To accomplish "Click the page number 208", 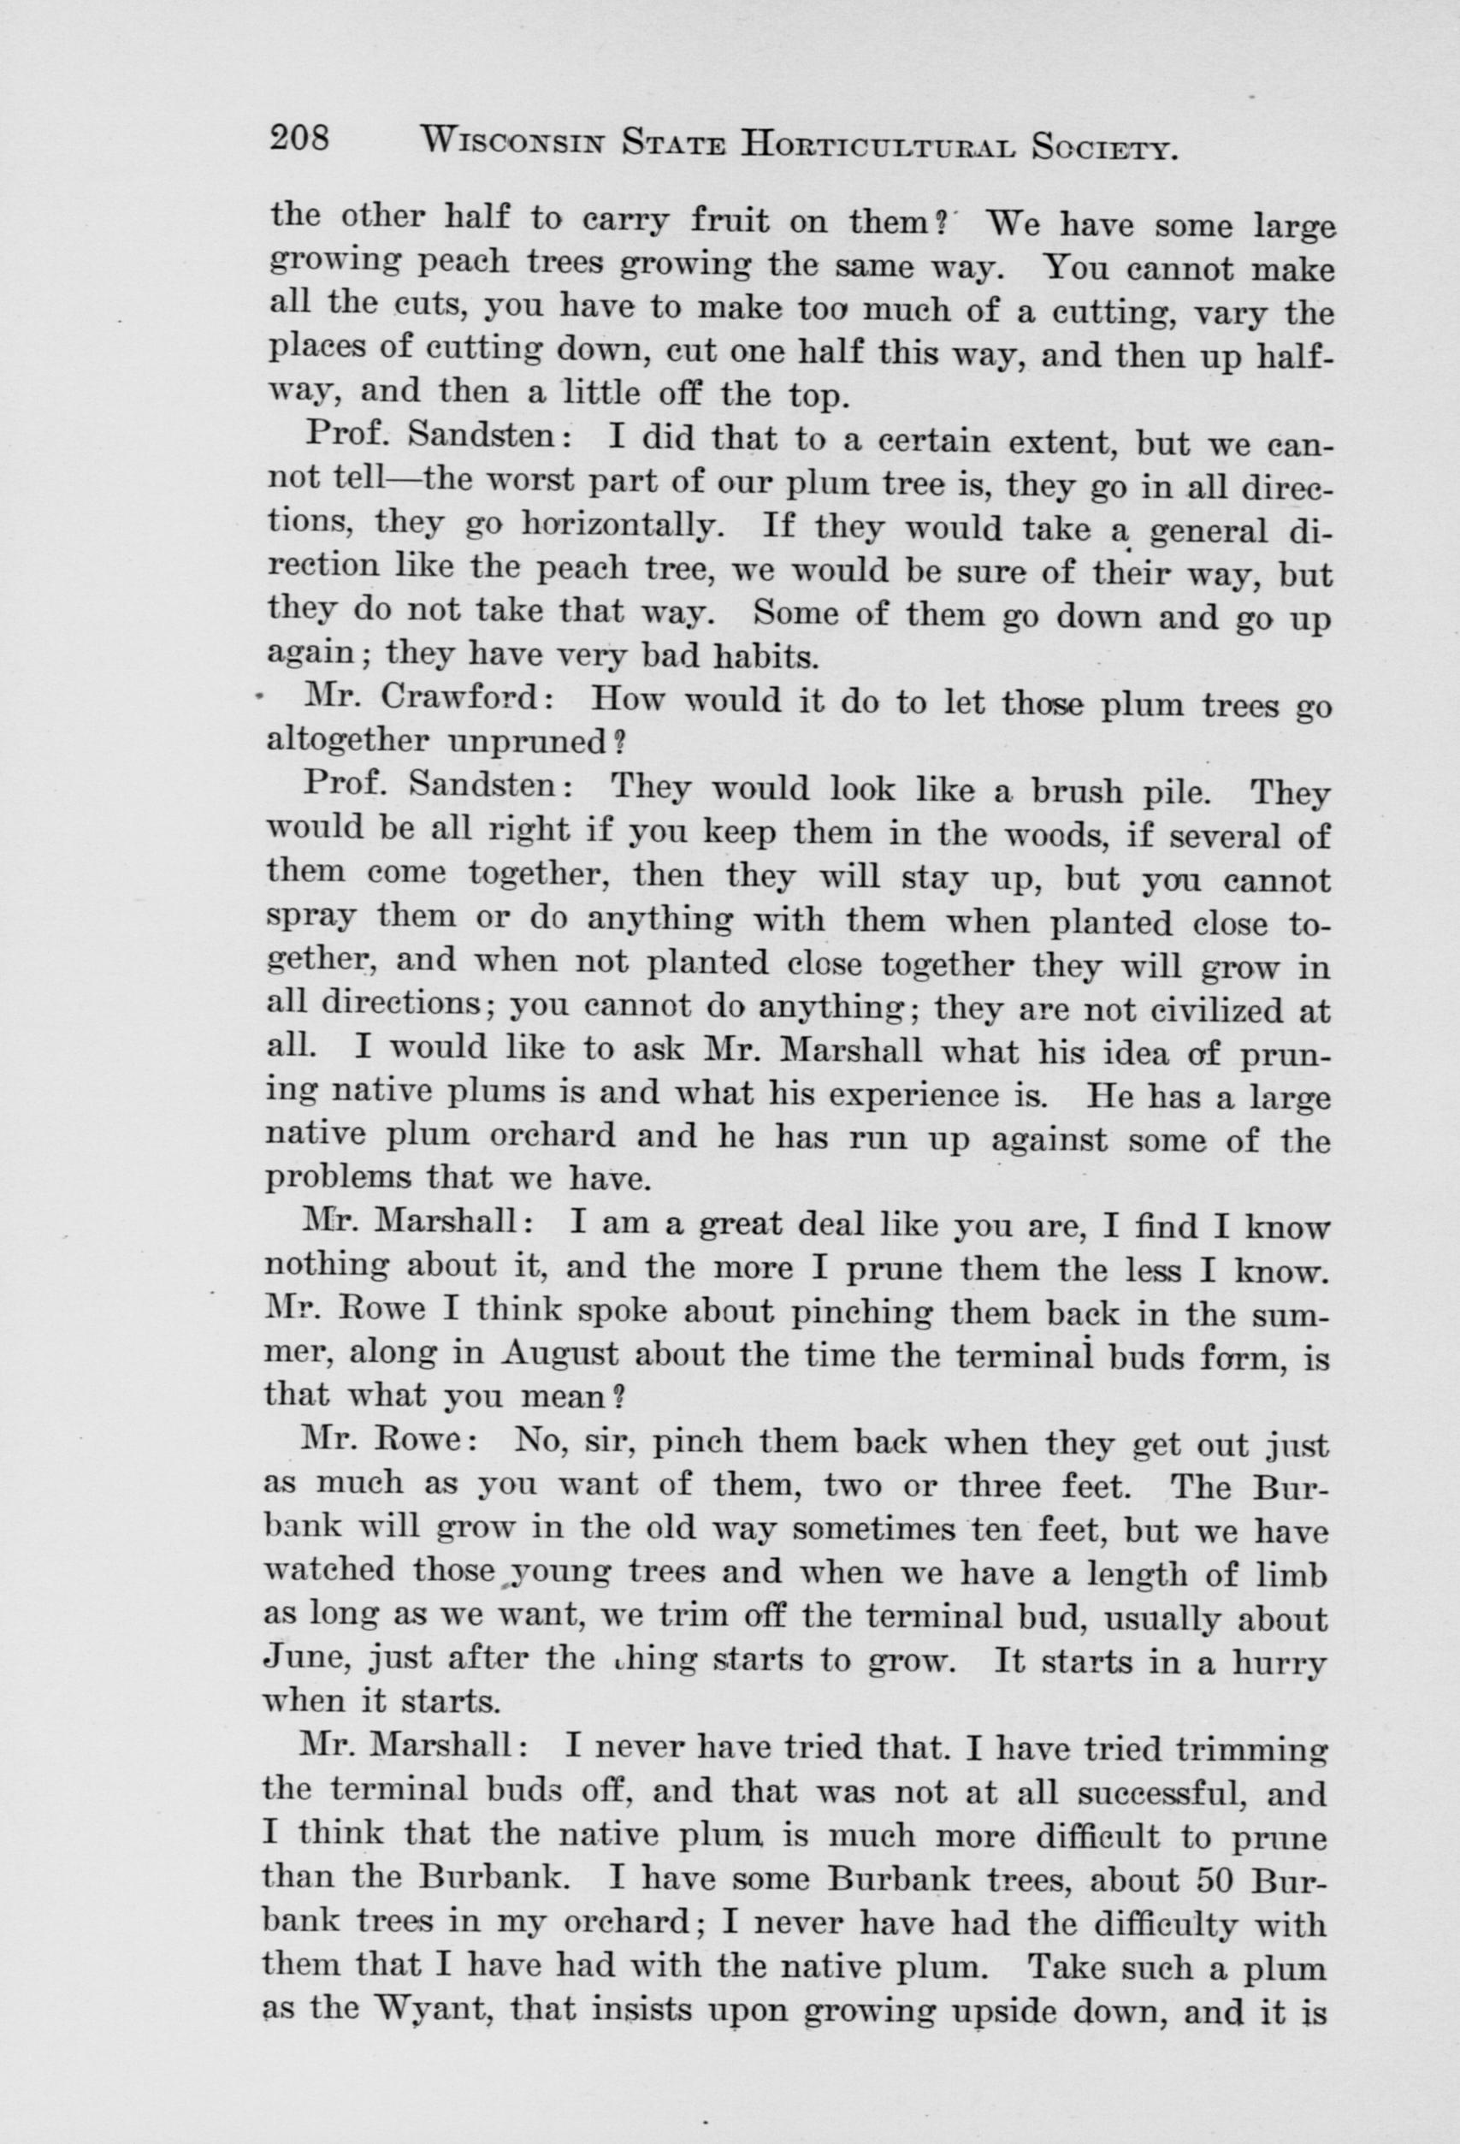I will tap(299, 139).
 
